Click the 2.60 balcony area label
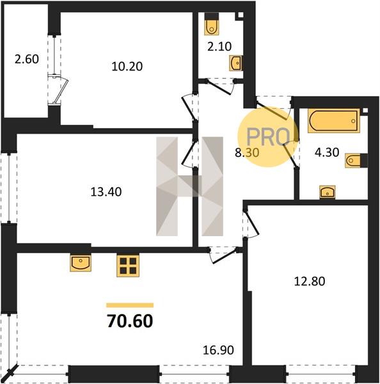(x=27, y=60)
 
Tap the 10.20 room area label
(x=127, y=67)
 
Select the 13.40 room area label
(x=106, y=192)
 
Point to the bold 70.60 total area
(x=130, y=321)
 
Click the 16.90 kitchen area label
(x=218, y=350)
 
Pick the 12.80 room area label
(x=310, y=281)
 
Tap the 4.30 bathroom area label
(x=327, y=152)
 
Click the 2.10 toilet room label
(x=219, y=47)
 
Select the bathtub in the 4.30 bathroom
(x=334, y=121)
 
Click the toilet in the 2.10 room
(x=212, y=24)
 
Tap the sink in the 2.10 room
(x=236, y=63)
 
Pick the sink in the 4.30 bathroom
(x=328, y=192)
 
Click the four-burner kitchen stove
(x=128, y=266)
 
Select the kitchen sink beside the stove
(x=81, y=262)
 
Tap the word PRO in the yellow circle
(x=268, y=137)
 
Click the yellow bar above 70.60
(x=130, y=305)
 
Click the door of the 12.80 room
(x=251, y=223)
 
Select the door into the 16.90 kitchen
(x=223, y=255)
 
